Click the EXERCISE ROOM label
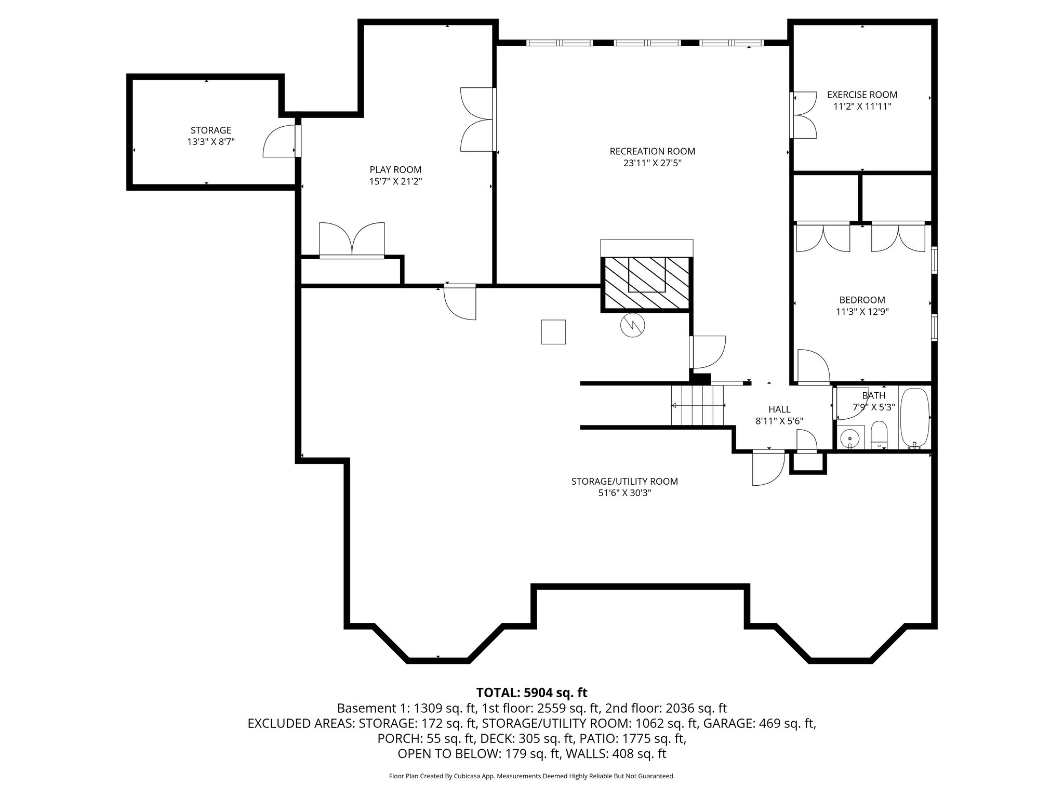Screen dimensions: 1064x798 (x=862, y=95)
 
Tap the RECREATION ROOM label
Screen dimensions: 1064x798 (x=652, y=151)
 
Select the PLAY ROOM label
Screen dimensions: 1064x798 (x=395, y=169)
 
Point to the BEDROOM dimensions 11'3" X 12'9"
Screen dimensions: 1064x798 (x=862, y=312)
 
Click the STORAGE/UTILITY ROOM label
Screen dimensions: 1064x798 (x=624, y=481)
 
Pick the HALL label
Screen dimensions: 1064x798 (x=779, y=409)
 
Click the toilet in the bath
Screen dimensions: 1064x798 (x=879, y=435)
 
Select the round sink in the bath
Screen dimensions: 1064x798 (x=850, y=437)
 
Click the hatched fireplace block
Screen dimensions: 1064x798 (x=647, y=284)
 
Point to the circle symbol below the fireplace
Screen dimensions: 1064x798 (x=632, y=325)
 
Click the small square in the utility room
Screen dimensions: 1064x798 (x=553, y=332)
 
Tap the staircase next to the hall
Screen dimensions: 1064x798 (x=697, y=405)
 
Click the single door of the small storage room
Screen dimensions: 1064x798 (x=281, y=141)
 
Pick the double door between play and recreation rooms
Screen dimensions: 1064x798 (x=478, y=119)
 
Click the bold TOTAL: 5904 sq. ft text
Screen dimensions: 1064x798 (x=531, y=693)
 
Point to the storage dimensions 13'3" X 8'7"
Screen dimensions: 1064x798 (x=211, y=141)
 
